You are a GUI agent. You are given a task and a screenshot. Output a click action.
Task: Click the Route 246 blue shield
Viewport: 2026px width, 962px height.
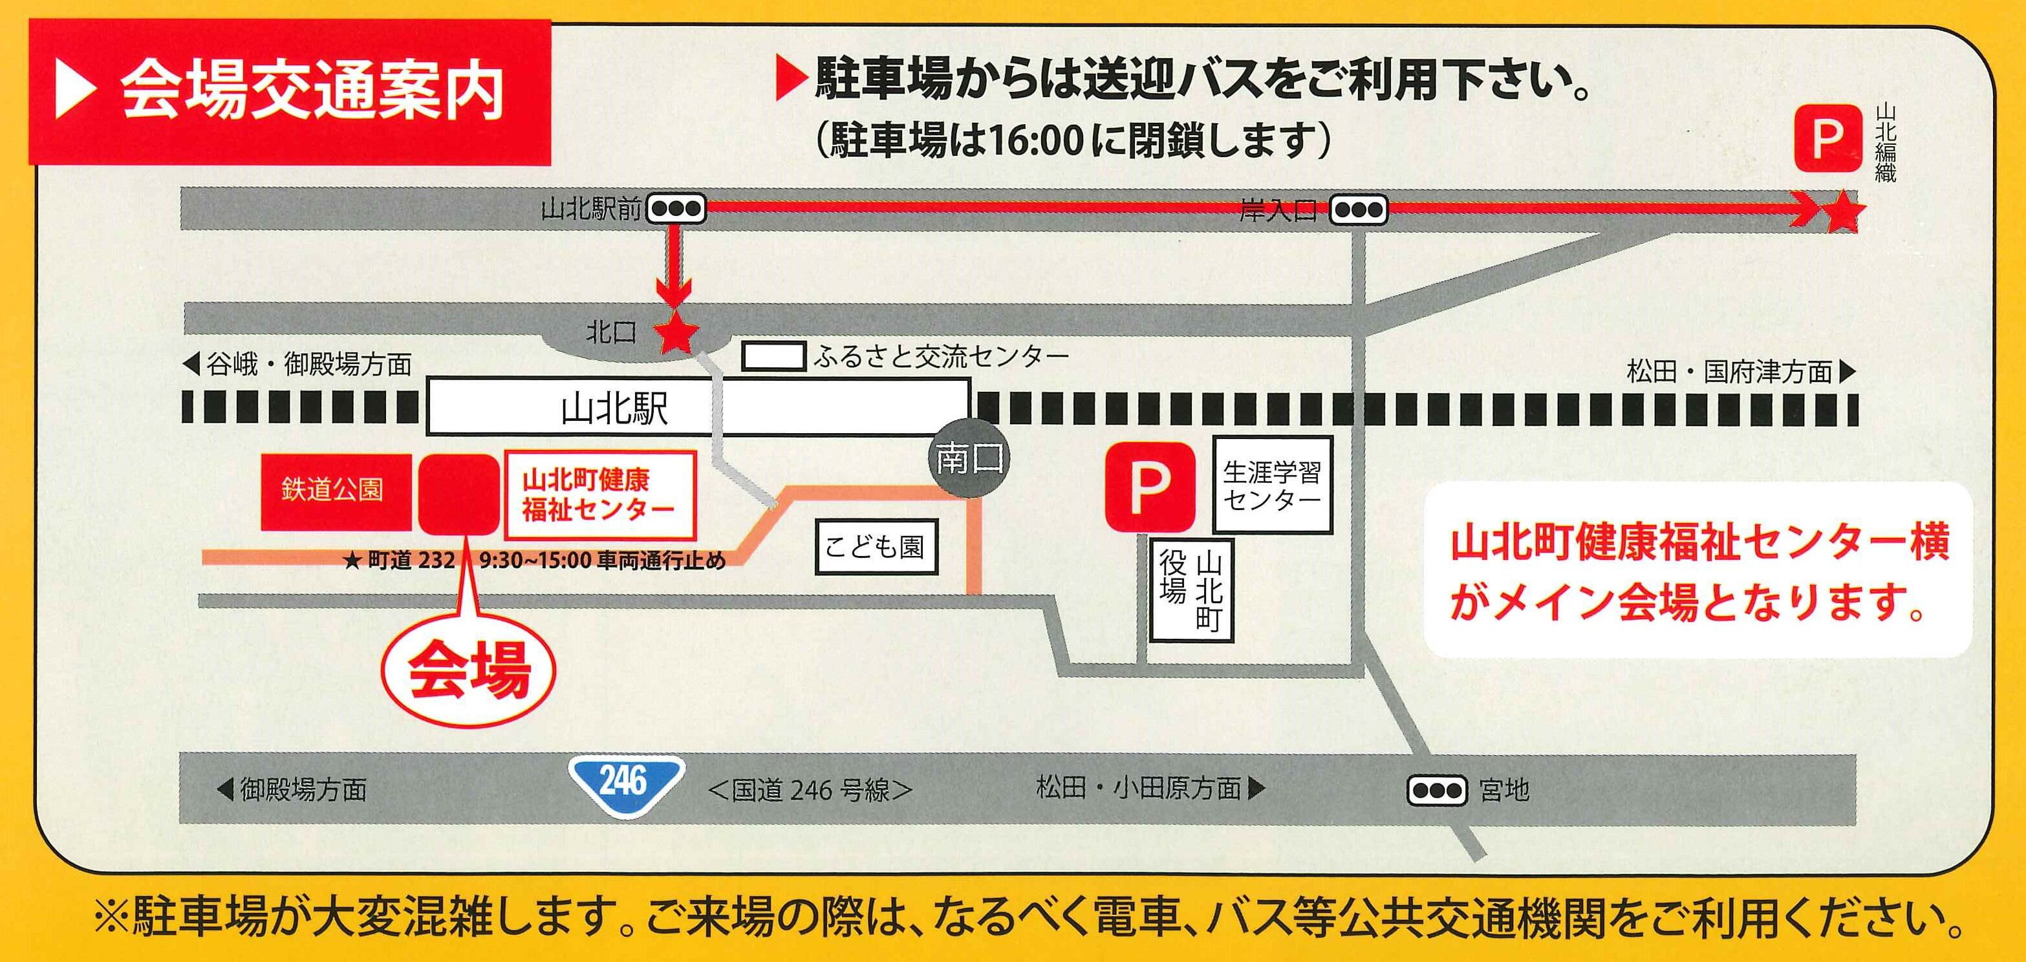click(x=626, y=784)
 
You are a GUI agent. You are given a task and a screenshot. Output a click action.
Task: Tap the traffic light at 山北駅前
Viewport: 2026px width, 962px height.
click(x=676, y=209)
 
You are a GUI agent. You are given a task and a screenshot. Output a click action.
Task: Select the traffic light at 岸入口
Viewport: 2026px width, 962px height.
click(x=1358, y=210)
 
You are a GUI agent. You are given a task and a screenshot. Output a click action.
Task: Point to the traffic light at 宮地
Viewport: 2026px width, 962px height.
click(x=1437, y=790)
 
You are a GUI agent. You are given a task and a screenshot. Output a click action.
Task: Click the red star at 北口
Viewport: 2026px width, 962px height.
click(x=676, y=334)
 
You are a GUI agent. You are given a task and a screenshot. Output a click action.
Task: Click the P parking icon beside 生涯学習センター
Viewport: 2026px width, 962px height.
click(x=1150, y=487)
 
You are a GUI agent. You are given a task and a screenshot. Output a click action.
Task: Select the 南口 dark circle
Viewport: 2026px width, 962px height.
click(x=969, y=458)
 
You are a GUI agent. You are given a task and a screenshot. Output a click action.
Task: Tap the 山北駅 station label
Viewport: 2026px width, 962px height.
click(x=614, y=409)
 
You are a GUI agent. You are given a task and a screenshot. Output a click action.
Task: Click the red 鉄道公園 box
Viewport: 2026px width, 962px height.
click(x=334, y=491)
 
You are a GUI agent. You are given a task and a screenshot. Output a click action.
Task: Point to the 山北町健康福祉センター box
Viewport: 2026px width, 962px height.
click(x=599, y=494)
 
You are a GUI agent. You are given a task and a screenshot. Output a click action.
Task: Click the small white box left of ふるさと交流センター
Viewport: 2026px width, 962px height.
click(x=774, y=356)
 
